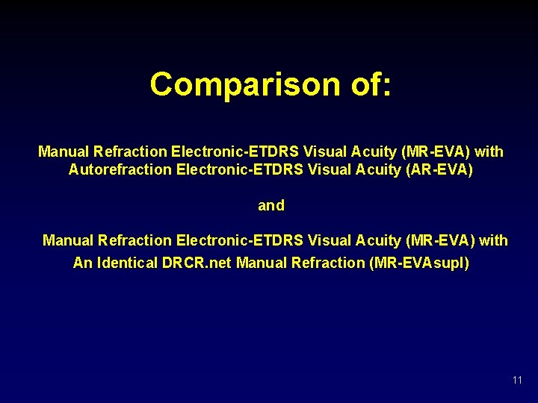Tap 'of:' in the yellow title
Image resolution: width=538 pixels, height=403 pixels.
click(x=366, y=84)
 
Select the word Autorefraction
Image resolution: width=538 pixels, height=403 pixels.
click(x=120, y=169)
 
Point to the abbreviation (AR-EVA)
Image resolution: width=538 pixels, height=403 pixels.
click(x=439, y=169)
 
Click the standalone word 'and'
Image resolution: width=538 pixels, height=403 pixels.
click(x=270, y=205)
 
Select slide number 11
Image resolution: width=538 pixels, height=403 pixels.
click(x=517, y=381)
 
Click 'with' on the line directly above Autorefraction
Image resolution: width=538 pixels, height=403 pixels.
click(x=489, y=151)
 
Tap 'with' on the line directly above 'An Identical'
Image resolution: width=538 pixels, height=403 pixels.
click(x=493, y=240)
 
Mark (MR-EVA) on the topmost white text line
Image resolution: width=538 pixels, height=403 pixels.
click(x=436, y=151)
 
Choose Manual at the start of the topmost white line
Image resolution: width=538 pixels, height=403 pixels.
click(x=64, y=151)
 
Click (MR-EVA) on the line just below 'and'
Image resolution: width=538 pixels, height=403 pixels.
click(x=441, y=240)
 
